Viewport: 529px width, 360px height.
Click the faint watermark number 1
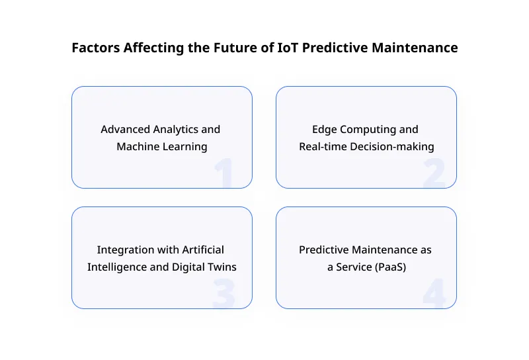pos(224,173)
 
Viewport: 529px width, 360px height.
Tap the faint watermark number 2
pos(434,173)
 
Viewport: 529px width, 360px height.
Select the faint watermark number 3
pos(224,294)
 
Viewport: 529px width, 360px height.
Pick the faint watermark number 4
pos(434,294)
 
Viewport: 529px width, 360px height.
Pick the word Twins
pos(222,267)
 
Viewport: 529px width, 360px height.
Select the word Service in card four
pos(355,267)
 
